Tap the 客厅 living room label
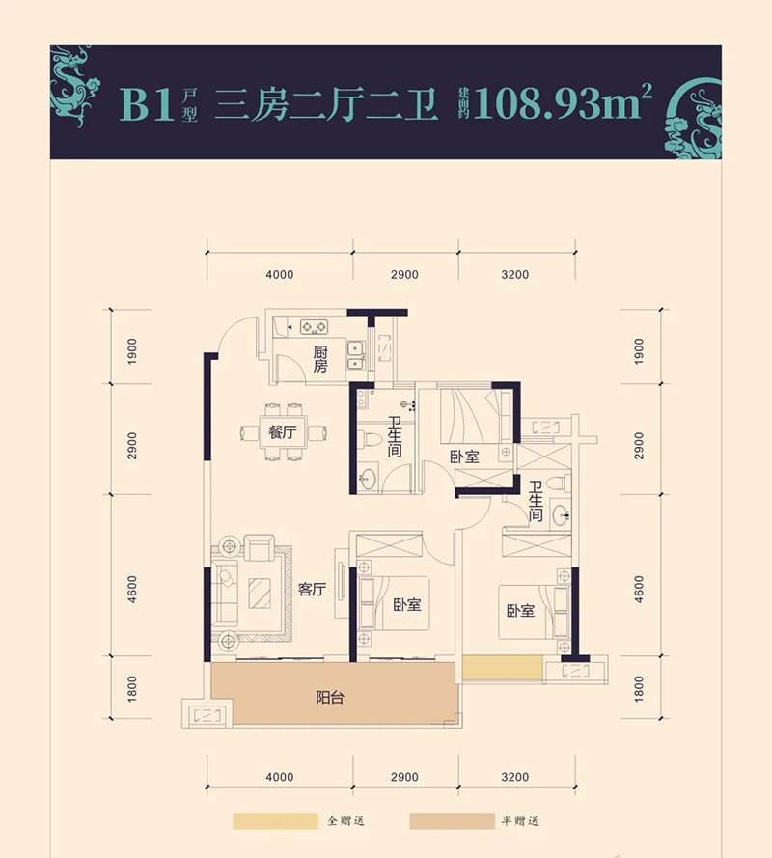tap(311, 591)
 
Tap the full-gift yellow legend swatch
tap(275, 821)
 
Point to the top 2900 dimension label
tap(405, 275)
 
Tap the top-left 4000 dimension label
tap(279, 275)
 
